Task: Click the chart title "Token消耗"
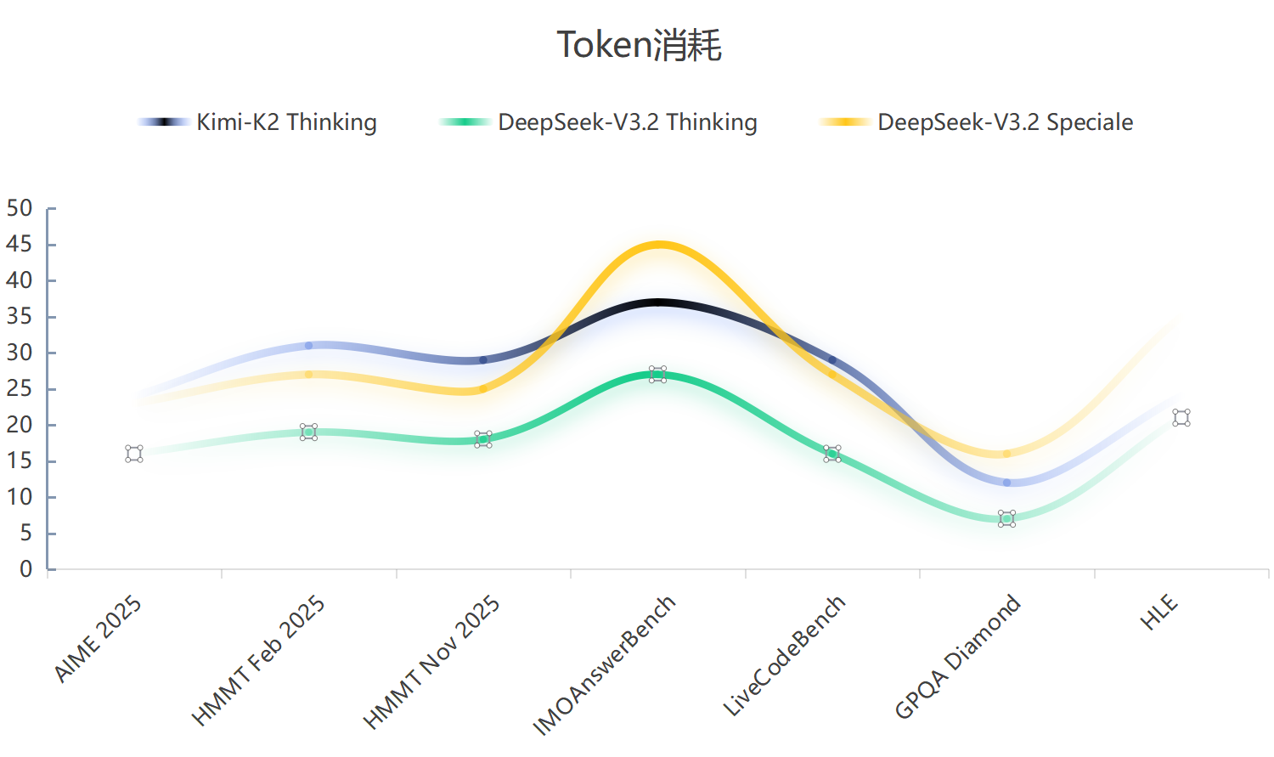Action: pyautogui.click(x=639, y=45)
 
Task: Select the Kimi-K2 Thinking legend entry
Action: pyautogui.click(x=257, y=122)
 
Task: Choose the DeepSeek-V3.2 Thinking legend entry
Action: pyautogui.click(x=599, y=122)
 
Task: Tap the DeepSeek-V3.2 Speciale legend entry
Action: pyautogui.click(x=977, y=122)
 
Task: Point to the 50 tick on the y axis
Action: pyautogui.click(x=19, y=209)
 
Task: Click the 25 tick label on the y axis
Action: pyautogui.click(x=19, y=389)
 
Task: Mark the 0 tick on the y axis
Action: pyautogui.click(x=25, y=569)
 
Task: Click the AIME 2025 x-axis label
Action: pyautogui.click(x=98, y=639)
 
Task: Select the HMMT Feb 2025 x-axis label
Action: pyautogui.click(x=258, y=660)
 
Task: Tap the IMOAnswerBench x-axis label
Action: pyautogui.click(x=604, y=664)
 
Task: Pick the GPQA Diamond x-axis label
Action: pyautogui.click(x=957, y=657)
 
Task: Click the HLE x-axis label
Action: pyautogui.click(x=1159, y=613)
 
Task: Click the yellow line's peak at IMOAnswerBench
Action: pyautogui.click(x=658, y=245)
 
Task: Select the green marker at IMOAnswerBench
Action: pyautogui.click(x=658, y=375)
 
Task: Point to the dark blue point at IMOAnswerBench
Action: pyautogui.click(x=658, y=302)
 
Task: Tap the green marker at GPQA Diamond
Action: pyautogui.click(x=1006, y=519)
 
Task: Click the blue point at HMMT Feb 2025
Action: pyautogui.click(x=309, y=346)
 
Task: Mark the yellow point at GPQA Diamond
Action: pyautogui.click(x=1006, y=454)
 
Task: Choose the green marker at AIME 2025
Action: pyautogui.click(x=134, y=454)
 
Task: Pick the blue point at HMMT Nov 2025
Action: pyautogui.click(x=483, y=360)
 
